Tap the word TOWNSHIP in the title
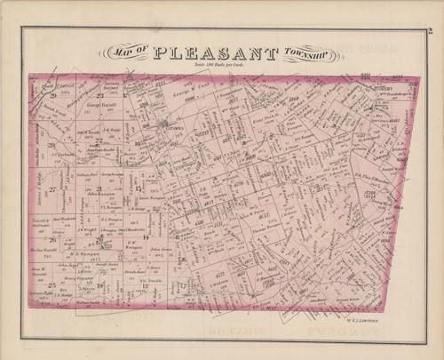tap(305, 53)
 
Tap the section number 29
tap(53, 95)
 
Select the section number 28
tap(53, 145)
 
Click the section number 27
tap(53, 189)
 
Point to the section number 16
tap(138, 142)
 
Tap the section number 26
tap(53, 238)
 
